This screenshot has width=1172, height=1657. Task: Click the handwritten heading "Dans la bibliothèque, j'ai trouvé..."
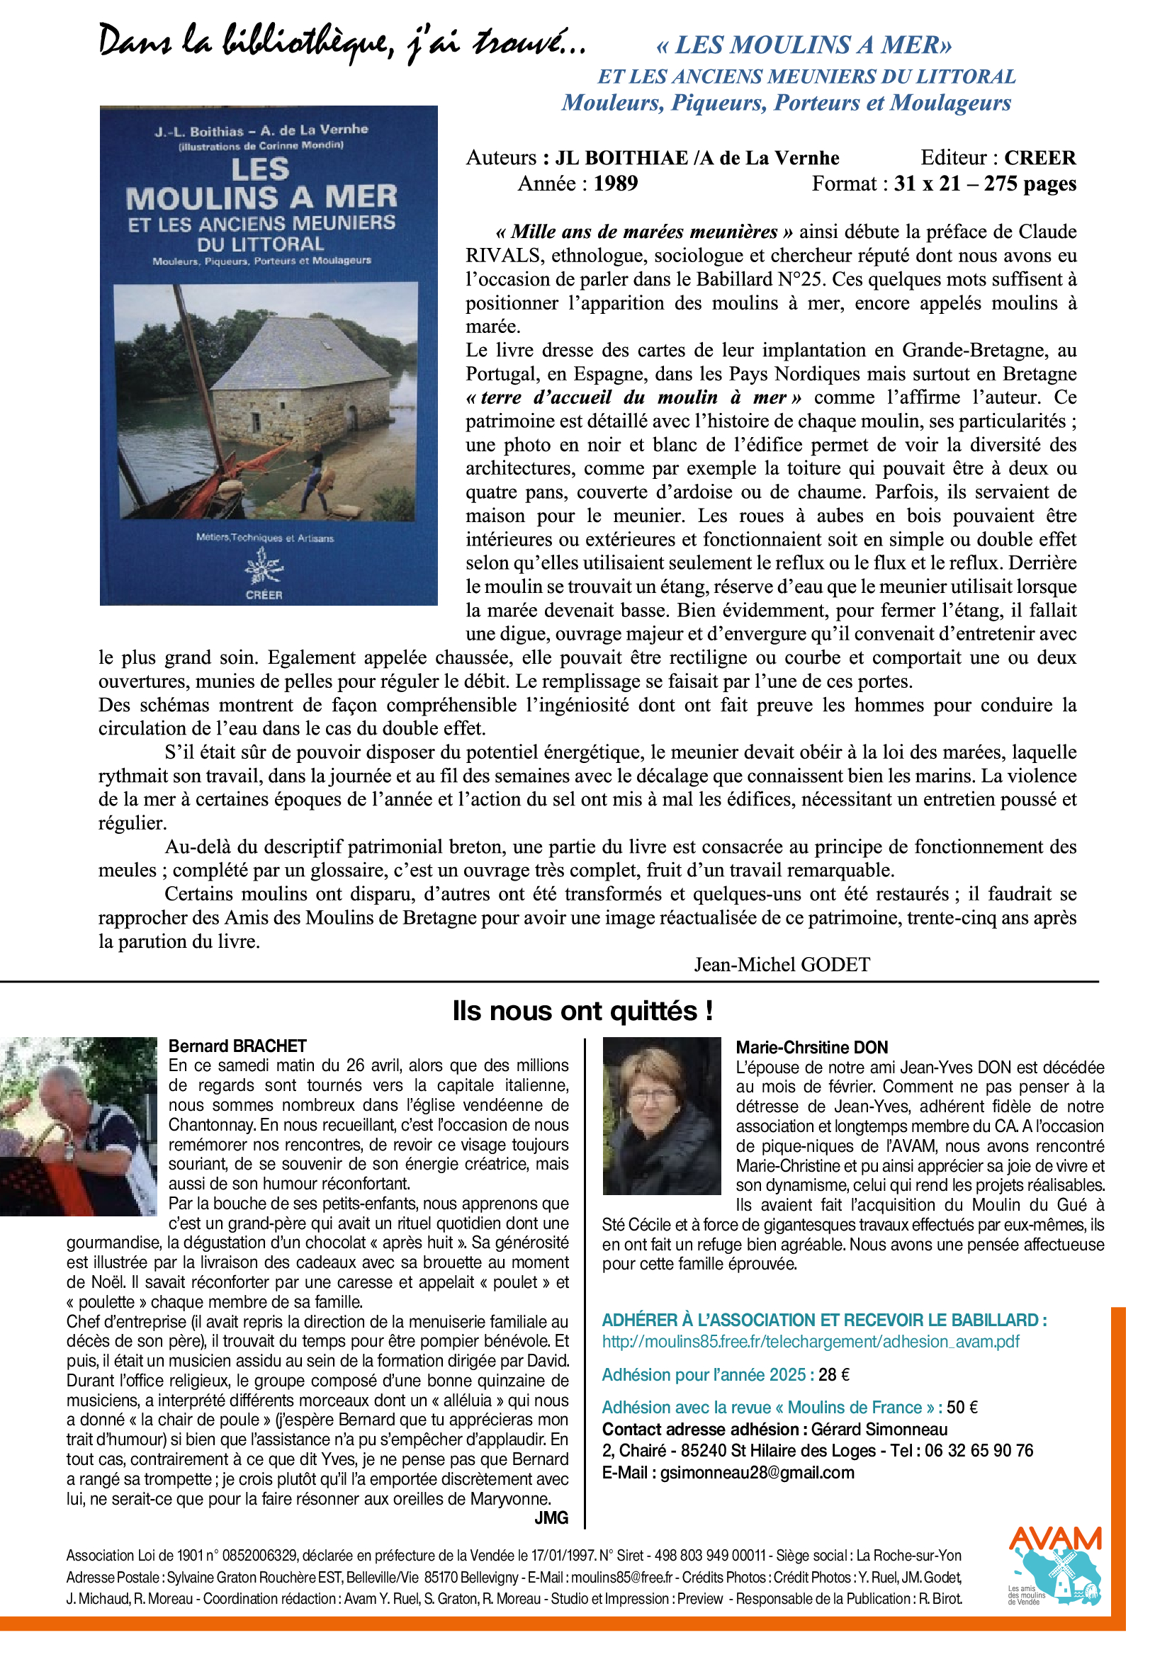[x=342, y=43]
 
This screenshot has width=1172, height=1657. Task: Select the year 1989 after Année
[x=616, y=183]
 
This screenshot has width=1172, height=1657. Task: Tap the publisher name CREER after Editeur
[x=1039, y=157]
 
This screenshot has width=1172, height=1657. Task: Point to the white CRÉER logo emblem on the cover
[x=264, y=567]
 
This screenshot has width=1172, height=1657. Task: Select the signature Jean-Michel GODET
[x=782, y=964]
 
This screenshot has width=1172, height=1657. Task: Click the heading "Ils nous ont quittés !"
[x=582, y=1010]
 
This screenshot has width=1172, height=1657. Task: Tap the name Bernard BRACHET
[x=237, y=1046]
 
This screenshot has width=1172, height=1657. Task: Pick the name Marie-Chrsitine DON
[x=811, y=1047]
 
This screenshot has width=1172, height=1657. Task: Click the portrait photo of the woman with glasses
[x=661, y=1115]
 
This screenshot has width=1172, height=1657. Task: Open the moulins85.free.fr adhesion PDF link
[x=811, y=1342]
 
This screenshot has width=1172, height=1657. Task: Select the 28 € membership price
[x=833, y=1375]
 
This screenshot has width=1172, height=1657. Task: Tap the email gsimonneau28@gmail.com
[x=757, y=1473]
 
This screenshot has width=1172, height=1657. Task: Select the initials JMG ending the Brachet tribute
[x=551, y=1517]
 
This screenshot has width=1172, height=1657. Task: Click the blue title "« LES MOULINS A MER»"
[x=804, y=45]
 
